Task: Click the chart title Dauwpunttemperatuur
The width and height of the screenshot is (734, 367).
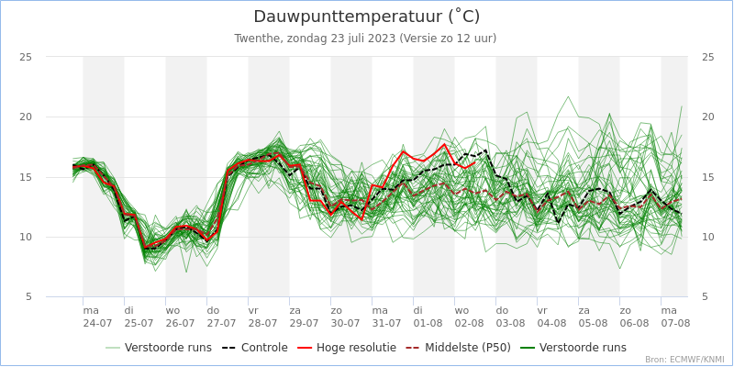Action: (x=366, y=17)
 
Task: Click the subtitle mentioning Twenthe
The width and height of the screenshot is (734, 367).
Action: (x=365, y=39)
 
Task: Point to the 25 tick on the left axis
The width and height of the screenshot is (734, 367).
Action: (x=26, y=57)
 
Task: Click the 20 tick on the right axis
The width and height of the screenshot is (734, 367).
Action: (x=707, y=117)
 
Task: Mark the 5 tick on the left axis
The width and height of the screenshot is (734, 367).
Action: (x=28, y=296)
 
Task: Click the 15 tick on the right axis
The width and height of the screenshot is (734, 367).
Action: (x=707, y=177)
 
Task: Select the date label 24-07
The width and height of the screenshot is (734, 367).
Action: (x=97, y=324)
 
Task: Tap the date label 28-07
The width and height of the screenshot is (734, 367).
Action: (x=262, y=324)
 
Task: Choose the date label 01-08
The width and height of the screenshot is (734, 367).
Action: (x=428, y=324)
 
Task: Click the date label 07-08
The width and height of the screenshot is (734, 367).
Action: (x=675, y=324)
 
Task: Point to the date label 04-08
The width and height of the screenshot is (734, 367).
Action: (x=551, y=324)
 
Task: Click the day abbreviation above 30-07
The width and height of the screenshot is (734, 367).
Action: (x=337, y=311)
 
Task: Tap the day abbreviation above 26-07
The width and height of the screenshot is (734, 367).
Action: (x=172, y=311)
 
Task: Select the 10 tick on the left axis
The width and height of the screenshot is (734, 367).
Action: (x=26, y=237)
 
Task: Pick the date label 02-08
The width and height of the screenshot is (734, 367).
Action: (x=469, y=324)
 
